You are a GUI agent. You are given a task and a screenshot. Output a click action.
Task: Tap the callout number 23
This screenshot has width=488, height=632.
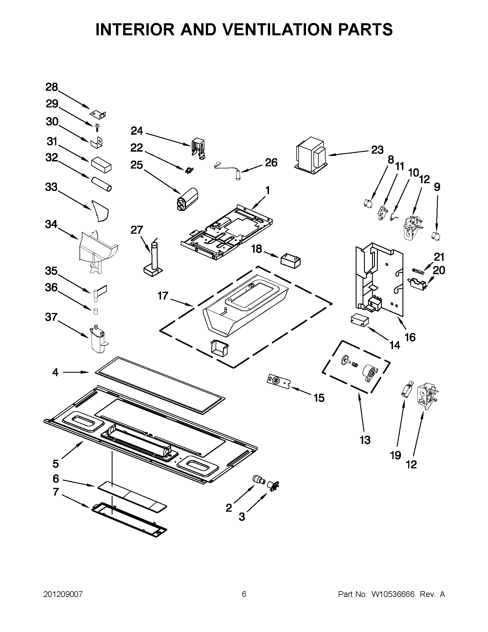377,150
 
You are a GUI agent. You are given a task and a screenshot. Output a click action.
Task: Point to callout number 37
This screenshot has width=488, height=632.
51,317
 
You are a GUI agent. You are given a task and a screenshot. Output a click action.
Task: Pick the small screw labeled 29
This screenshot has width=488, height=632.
97,126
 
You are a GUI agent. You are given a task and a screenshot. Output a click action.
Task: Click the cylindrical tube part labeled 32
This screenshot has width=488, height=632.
101,184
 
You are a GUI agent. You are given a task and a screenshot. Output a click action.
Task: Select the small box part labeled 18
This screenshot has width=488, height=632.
290,260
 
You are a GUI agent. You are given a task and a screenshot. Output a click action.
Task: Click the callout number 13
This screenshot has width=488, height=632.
365,440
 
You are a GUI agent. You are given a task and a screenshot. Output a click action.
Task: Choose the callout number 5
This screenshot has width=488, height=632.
56,463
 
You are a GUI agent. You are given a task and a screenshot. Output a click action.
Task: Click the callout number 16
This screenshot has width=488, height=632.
410,337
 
